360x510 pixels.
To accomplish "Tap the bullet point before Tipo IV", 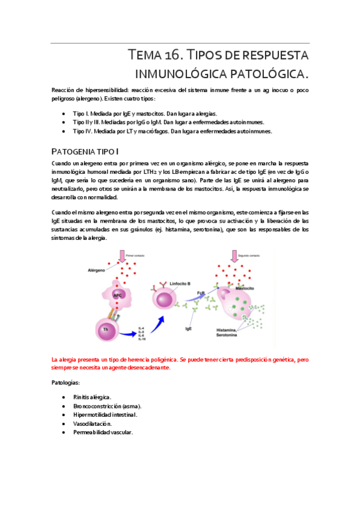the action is click(64, 131).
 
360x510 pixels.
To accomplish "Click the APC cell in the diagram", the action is click(119, 294).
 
